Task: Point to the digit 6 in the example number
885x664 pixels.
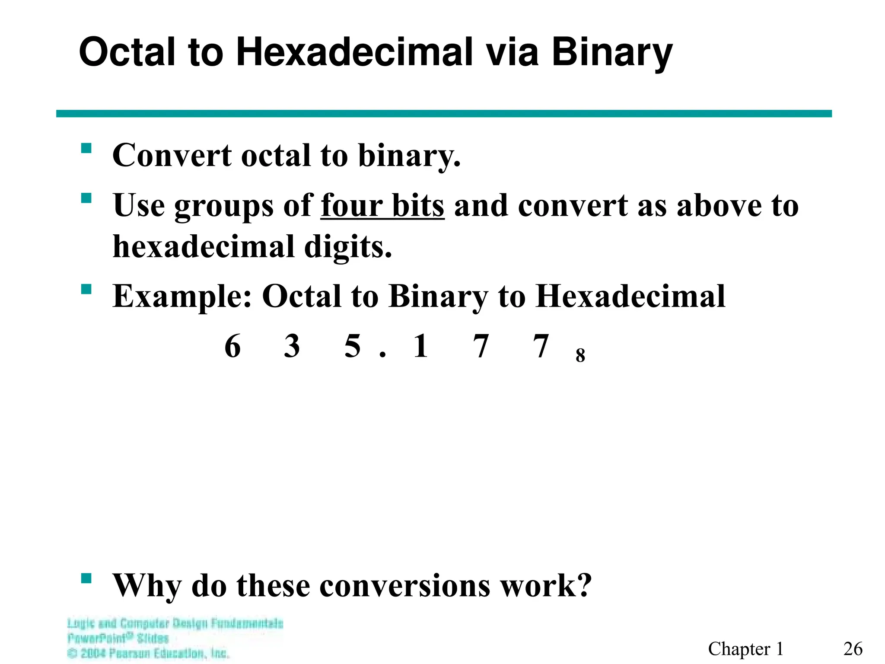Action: (232, 346)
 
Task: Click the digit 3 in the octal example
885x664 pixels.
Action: (292, 346)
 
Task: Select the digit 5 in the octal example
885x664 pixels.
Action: (353, 346)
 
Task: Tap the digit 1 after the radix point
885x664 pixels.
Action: (420, 346)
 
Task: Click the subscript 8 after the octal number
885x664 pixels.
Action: (580, 355)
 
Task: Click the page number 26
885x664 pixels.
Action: (853, 649)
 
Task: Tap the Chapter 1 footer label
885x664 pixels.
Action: (745, 649)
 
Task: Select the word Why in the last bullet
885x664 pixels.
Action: (146, 586)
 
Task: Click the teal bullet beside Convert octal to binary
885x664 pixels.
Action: (86, 149)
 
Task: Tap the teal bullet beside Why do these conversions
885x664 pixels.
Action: (86, 578)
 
